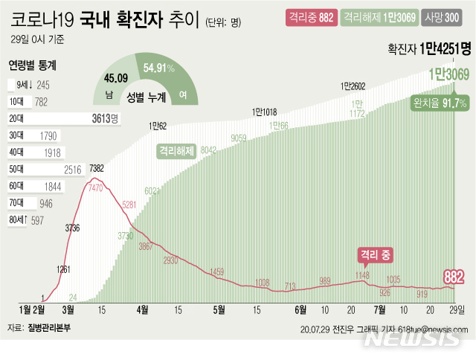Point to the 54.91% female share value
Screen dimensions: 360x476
(x=159, y=68)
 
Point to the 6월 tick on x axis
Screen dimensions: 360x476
(x=300, y=309)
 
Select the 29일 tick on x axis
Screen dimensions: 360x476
(x=456, y=309)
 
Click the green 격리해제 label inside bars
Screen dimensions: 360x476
(x=176, y=150)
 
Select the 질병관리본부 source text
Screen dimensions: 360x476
(x=51, y=327)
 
